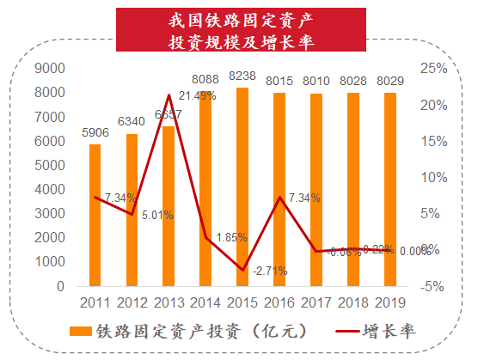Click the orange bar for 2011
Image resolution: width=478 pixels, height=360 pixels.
pos(95,215)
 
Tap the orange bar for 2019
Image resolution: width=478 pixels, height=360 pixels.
pos(390,189)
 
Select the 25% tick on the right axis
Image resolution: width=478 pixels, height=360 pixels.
pos(433,69)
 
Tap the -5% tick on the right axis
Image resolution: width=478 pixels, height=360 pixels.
pos(433,286)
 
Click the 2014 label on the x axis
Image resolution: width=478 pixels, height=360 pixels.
pos(205,302)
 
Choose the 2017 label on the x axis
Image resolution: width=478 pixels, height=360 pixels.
pos(316,302)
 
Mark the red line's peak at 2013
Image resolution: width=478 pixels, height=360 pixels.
pos(169,95)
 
